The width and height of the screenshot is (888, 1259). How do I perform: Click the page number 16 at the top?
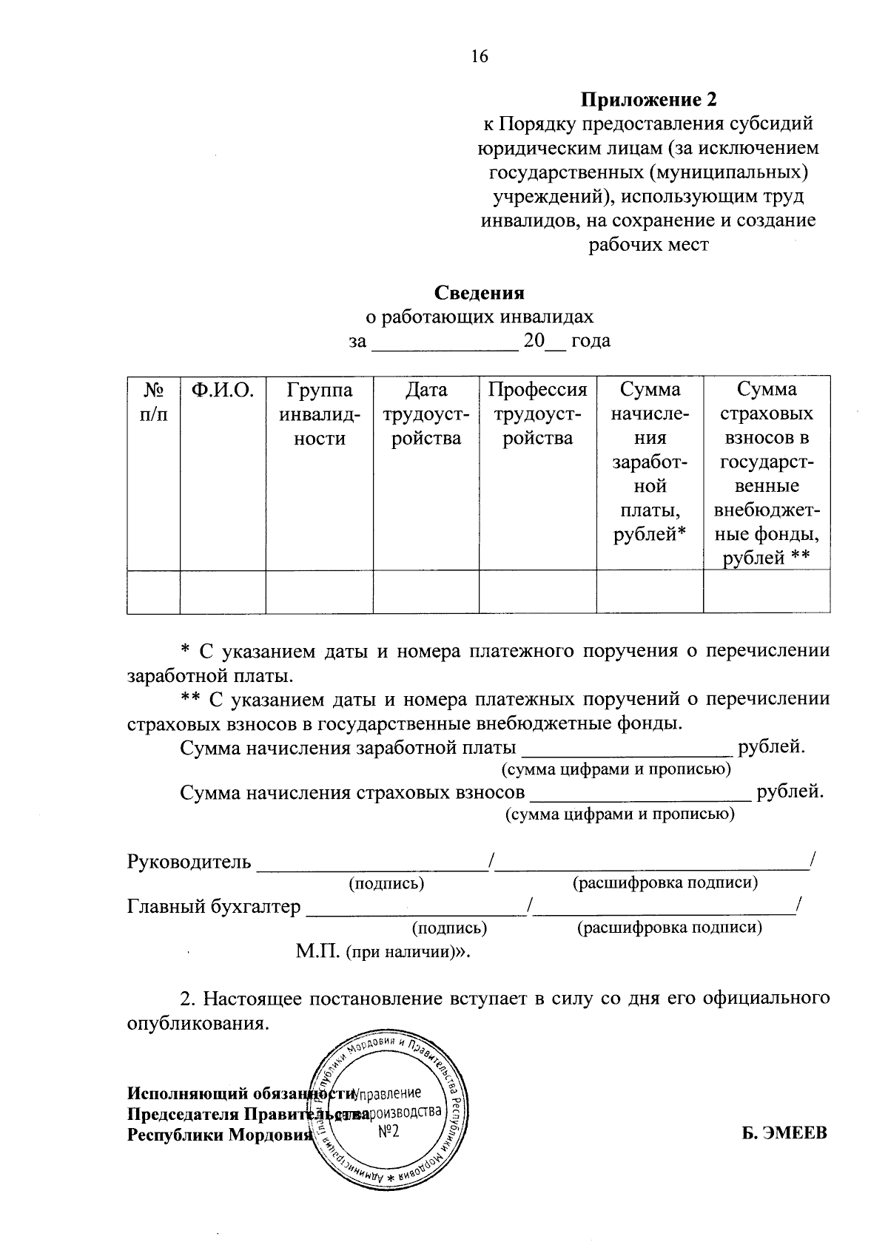[x=480, y=57]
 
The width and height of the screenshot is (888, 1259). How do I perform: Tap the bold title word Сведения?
[x=480, y=293]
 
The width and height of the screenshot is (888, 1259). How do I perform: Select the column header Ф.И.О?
[x=223, y=390]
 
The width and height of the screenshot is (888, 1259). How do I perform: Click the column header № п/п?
[x=153, y=402]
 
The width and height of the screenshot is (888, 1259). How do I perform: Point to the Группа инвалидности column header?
[x=320, y=414]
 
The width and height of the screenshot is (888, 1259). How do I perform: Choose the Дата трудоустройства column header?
[x=426, y=414]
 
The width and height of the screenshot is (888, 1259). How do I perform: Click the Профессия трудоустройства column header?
[x=538, y=414]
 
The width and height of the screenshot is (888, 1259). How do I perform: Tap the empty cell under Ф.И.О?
[x=223, y=592]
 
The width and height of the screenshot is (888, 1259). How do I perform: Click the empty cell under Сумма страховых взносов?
[x=766, y=592]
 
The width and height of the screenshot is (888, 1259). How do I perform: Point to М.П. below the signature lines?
[x=317, y=951]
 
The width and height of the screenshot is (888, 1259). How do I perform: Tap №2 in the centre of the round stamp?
[x=389, y=1133]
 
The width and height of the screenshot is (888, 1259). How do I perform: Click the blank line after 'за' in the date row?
[x=444, y=342]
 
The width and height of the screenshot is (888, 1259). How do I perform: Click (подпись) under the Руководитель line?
[x=386, y=883]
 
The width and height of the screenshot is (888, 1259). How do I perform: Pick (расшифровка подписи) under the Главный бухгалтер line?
[x=669, y=928]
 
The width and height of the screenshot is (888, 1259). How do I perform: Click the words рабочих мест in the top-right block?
[x=648, y=245]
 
